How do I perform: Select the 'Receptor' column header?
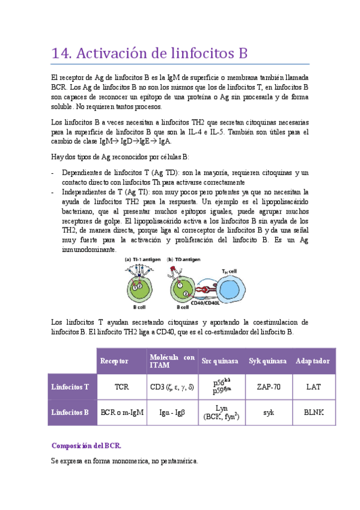click(x=114, y=361)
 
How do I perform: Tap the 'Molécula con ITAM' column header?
click(x=172, y=361)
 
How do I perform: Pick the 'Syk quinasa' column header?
click(x=268, y=361)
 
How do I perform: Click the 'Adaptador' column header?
click(x=313, y=361)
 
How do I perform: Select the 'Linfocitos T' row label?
click(x=70, y=387)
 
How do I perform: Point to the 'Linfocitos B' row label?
click(x=70, y=413)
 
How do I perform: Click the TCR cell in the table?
click(x=122, y=387)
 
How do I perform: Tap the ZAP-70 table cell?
click(x=268, y=387)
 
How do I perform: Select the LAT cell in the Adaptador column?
click(x=313, y=387)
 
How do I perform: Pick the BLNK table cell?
click(x=313, y=413)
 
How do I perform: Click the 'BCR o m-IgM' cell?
click(x=122, y=413)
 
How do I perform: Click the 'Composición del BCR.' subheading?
click(x=87, y=446)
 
